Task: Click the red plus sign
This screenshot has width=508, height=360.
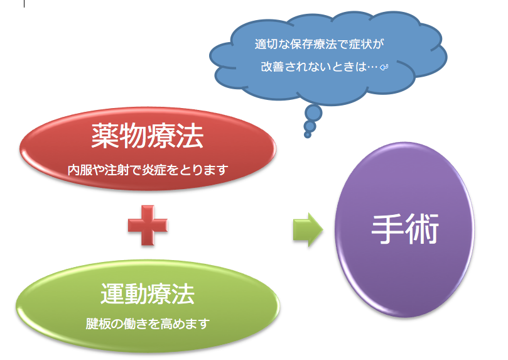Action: click(x=148, y=225)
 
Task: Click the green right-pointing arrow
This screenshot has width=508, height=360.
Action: click(x=308, y=230)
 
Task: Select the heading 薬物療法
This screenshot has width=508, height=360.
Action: click(x=148, y=136)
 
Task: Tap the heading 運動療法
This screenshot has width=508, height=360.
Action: click(x=148, y=294)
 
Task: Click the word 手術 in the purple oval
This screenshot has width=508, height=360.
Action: click(x=405, y=229)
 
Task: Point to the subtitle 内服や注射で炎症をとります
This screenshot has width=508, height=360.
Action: click(x=148, y=170)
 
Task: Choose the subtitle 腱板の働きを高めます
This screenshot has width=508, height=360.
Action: click(x=148, y=324)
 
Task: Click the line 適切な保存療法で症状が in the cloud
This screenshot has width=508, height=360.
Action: click(x=319, y=44)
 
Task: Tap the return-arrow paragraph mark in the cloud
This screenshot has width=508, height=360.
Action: click(x=384, y=67)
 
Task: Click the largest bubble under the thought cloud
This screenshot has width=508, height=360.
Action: click(x=313, y=113)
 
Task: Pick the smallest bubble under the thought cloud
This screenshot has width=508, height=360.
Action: click(x=308, y=134)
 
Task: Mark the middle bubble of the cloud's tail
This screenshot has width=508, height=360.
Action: click(x=310, y=126)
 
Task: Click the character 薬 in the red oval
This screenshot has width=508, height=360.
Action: click(x=105, y=136)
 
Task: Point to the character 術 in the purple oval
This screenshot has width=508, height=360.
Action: click(x=423, y=229)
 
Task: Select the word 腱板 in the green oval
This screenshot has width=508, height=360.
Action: click(x=97, y=324)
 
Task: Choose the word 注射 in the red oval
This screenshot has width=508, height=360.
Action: click(x=117, y=170)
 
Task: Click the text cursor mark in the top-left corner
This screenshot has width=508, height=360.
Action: click(x=24, y=4)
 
